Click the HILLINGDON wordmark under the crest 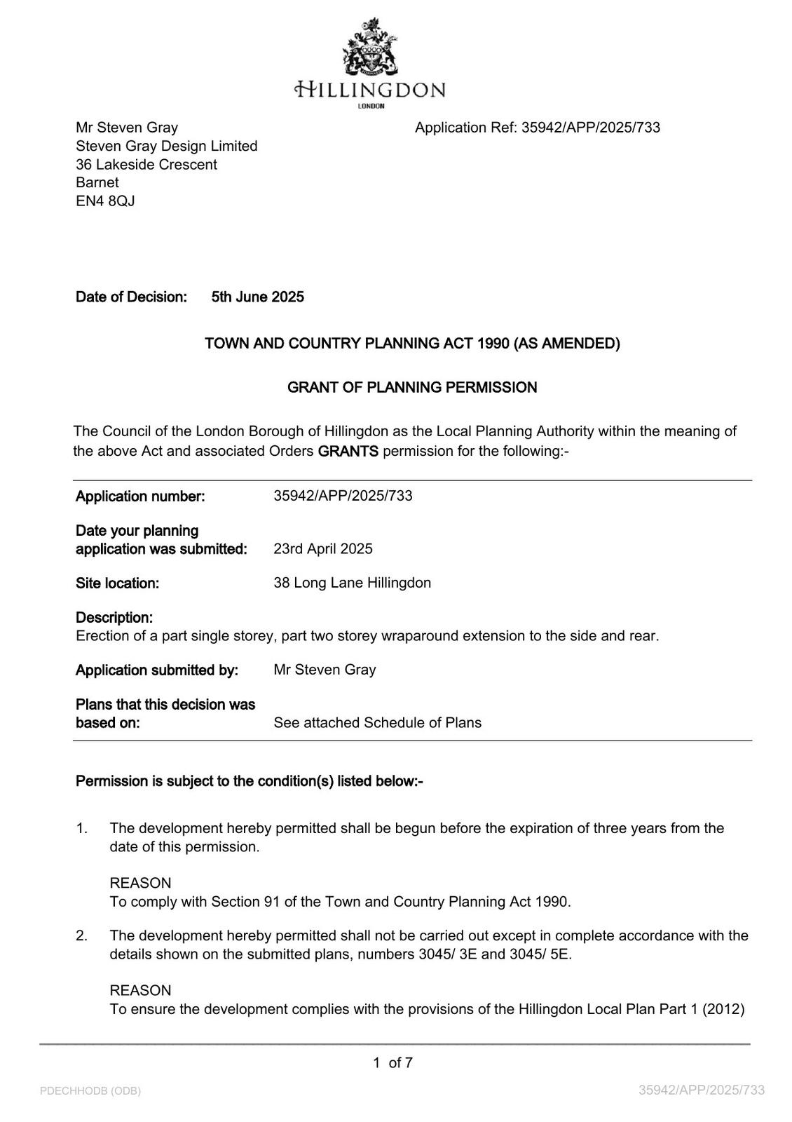[370, 90]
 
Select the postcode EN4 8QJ [105, 201]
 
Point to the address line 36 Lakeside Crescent [146, 165]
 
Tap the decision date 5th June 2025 [258, 297]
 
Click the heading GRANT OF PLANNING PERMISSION [412, 388]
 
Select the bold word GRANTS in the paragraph [348, 452]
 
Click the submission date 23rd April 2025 [323, 549]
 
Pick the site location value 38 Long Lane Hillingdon [352, 583]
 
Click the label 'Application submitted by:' [157, 670]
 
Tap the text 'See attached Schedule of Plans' [377, 723]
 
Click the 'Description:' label [114, 618]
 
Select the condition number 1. [82, 829]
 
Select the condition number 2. [82, 936]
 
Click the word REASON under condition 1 [140, 884]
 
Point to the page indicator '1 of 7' [393, 1063]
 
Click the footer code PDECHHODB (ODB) [90, 1091]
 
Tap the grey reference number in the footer [702, 1090]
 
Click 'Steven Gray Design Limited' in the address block [167, 147]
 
